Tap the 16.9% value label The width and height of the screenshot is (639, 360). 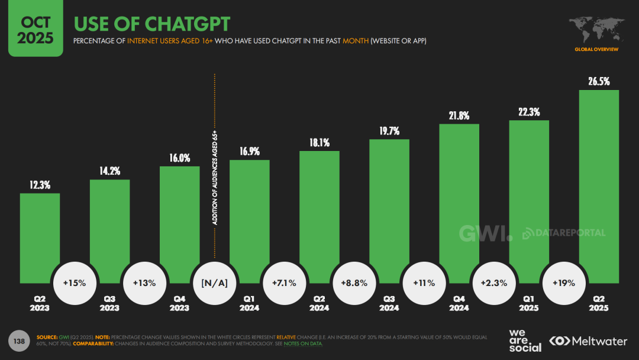pos(249,152)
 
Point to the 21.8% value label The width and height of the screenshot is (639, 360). pos(459,115)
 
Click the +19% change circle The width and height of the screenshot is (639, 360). pos(563,282)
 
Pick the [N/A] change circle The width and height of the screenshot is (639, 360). pos(214,282)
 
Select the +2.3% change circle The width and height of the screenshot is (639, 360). pos(493,282)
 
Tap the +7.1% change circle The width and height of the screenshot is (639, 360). pos(284,282)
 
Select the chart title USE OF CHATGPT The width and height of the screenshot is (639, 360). pos(151,24)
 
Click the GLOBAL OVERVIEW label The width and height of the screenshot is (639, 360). pos(596,49)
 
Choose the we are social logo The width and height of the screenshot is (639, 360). pos(525,339)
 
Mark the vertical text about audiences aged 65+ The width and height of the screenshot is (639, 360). pos(215,178)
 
